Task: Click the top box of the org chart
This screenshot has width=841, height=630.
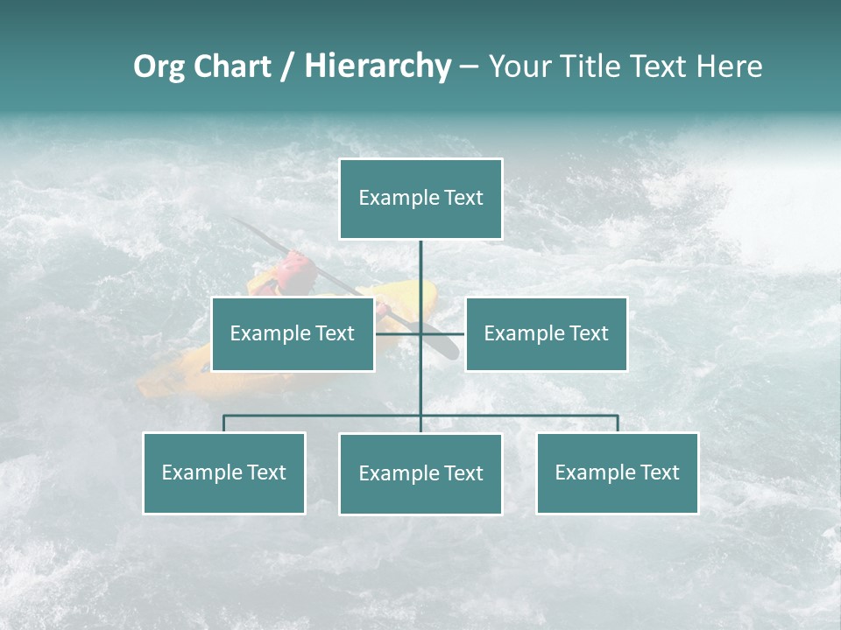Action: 420,199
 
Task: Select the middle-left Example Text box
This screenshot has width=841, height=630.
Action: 293,333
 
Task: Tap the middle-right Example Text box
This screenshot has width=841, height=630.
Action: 546,333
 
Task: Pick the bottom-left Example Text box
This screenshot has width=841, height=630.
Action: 224,472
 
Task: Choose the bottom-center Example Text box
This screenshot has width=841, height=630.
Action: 420,473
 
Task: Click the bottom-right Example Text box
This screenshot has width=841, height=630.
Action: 617,472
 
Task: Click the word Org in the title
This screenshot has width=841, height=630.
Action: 159,66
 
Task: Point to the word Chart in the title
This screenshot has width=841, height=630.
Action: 232,66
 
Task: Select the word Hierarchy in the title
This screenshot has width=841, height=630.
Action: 377,66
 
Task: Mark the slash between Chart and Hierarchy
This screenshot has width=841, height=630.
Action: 288,66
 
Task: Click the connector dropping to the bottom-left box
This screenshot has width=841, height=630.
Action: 224,423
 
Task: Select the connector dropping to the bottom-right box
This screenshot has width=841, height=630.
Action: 617,423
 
